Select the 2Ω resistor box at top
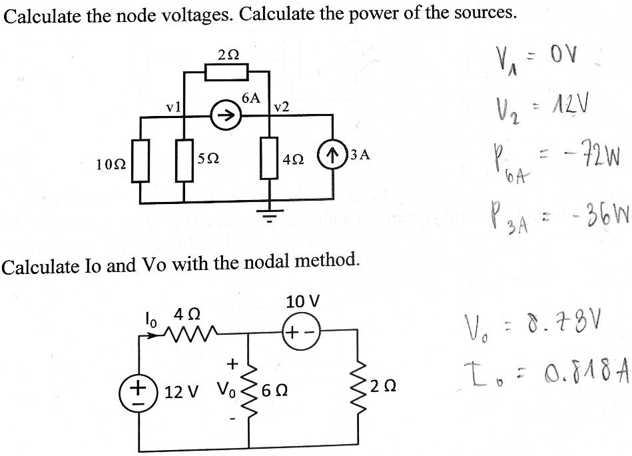pos(226,71)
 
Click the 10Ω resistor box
pos(140,161)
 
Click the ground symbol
pos(269,214)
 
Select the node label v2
pos(281,107)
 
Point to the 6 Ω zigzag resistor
pos(250,389)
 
